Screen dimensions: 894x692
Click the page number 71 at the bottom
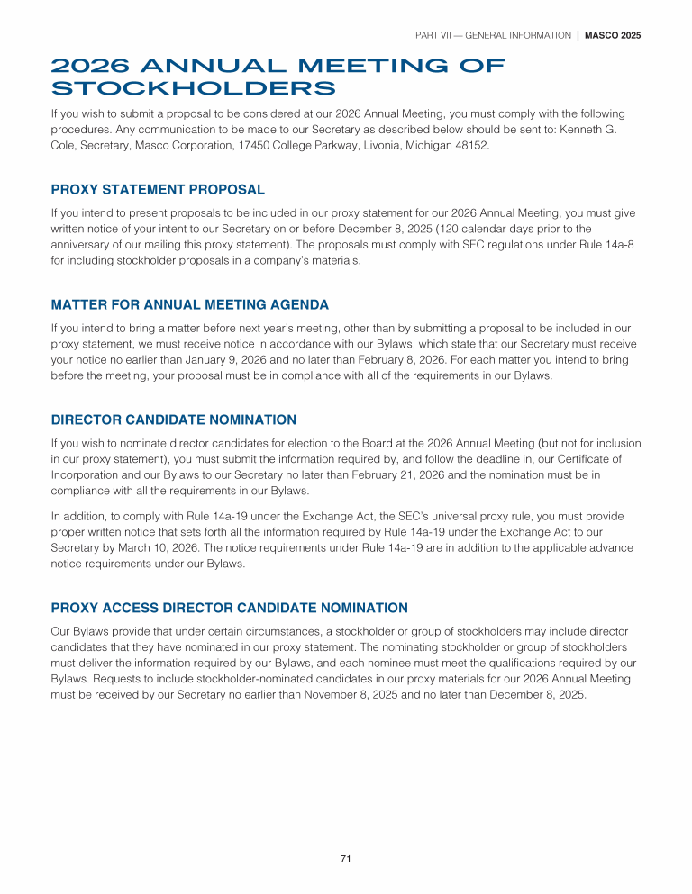345,859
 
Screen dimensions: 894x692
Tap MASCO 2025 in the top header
613,35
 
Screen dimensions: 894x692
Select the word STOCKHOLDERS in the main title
194,88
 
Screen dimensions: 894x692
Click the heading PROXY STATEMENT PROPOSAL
158,190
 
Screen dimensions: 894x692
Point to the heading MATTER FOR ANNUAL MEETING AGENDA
189,304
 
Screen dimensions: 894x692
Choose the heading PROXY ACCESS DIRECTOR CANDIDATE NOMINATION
230,608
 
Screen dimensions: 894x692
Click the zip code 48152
471,144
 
